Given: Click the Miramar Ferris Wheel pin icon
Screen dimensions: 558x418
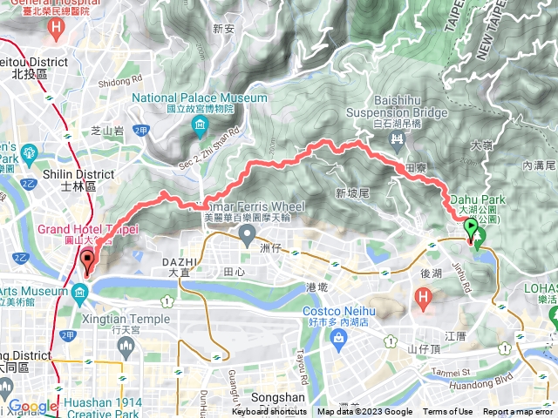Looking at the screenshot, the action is tap(248, 234).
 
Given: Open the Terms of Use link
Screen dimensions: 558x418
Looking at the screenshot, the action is tap(447, 412).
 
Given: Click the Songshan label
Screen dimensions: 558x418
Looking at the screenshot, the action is tap(282, 398).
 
